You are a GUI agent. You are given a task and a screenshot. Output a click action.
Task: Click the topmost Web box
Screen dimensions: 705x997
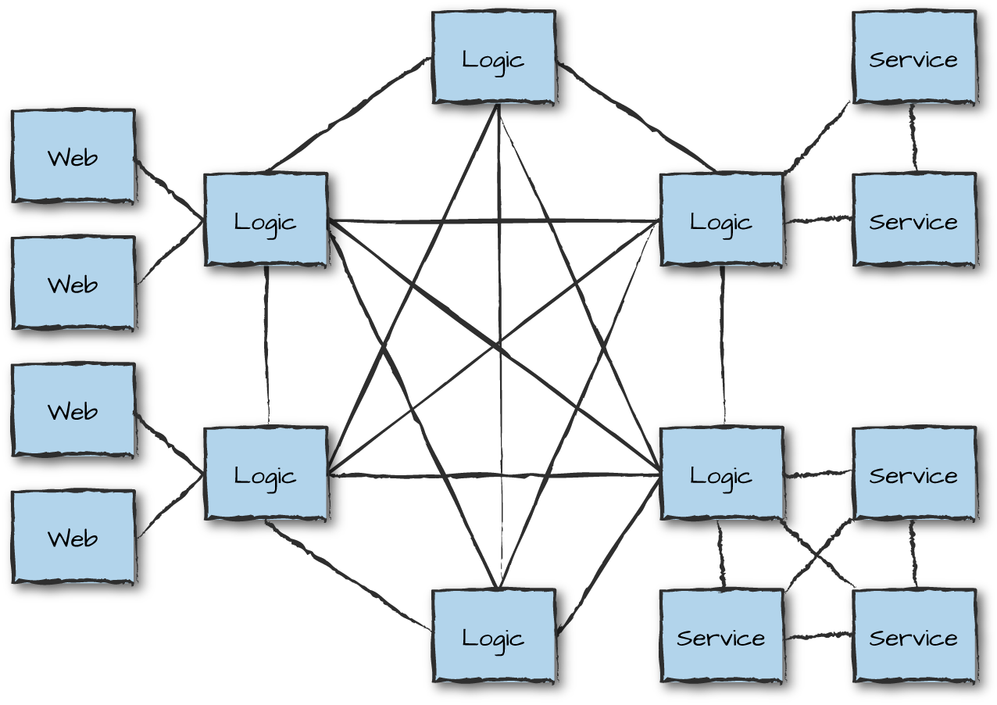click(73, 156)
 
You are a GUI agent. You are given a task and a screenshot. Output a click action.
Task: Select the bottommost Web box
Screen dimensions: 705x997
click(73, 537)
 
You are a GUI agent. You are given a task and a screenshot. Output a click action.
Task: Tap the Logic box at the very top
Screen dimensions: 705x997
click(493, 58)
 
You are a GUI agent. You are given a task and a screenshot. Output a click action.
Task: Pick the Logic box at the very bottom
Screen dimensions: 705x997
click(493, 636)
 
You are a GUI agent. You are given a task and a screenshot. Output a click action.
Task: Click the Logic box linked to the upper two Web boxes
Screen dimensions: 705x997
click(265, 220)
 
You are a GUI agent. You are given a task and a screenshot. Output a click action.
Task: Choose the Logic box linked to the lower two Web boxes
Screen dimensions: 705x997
click(265, 474)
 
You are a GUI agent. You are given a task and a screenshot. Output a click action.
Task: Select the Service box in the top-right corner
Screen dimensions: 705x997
click(913, 58)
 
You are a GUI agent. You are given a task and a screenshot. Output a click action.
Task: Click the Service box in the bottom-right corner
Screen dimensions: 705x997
click(913, 636)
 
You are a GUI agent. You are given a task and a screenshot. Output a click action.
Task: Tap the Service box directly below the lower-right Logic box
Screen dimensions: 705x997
click(720, 636)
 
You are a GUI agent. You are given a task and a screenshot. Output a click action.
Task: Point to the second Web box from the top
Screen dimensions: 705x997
click(73, 284)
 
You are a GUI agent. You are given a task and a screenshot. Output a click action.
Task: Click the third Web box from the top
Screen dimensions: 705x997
click(73, 410)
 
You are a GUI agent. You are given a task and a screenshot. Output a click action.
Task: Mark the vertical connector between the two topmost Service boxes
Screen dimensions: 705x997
click(913, 138)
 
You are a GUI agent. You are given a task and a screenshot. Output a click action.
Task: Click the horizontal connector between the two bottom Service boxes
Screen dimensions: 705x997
click(817, 637)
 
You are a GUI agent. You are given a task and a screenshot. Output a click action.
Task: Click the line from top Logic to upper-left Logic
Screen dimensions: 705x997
click(349, 113)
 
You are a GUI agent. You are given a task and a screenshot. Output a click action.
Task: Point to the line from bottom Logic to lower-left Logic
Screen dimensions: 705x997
click(349, 577)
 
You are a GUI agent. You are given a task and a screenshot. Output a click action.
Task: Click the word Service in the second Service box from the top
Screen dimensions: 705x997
click(913, 222)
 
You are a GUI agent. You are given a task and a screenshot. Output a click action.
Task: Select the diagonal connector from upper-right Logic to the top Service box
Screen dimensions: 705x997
click(817, 137)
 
